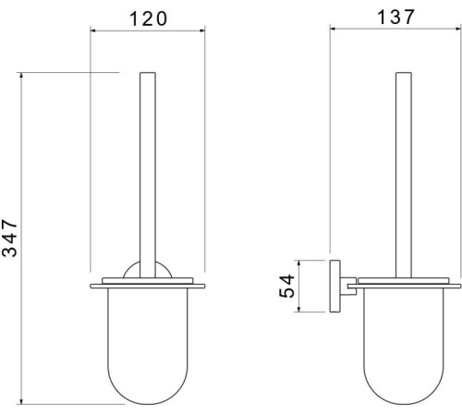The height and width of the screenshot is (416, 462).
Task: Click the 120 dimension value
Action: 148,18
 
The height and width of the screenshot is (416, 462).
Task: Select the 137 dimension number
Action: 395,17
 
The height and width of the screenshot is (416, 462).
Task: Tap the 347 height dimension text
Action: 9,238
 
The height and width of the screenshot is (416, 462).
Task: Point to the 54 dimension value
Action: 286,286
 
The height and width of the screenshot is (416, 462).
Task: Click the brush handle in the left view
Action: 148,175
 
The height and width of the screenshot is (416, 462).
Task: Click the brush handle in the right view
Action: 404,175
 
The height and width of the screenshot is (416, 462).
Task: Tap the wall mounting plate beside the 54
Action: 334,286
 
